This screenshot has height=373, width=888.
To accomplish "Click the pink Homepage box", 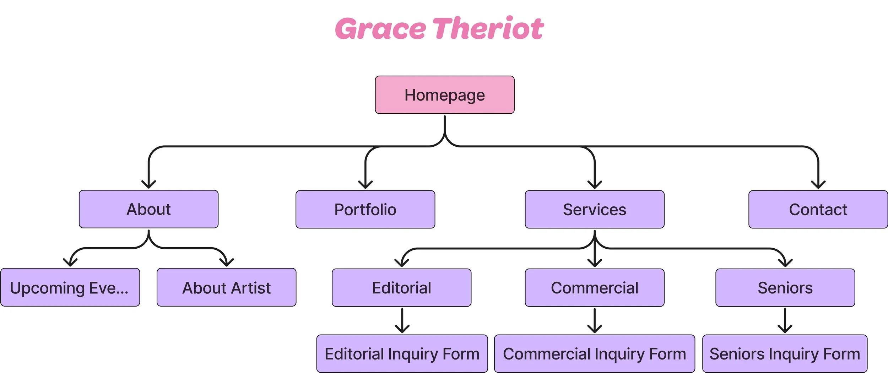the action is pos(445,95).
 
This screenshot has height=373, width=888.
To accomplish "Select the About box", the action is pos(148,209).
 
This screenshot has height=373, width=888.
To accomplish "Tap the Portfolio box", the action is pos(365,210).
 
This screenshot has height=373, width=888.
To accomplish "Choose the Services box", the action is pos(595,210).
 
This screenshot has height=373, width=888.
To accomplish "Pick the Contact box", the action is pos(818,210).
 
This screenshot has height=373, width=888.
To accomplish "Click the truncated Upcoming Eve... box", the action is pos(70,287).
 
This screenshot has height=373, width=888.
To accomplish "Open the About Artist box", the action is pos(226,287).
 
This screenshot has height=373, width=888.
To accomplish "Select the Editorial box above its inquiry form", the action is pos(401,288).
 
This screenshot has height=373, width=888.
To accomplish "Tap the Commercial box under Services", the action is pos(595,288).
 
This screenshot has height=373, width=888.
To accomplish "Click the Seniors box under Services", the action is pos(785,288).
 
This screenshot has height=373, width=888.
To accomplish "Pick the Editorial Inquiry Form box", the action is pos(402,354).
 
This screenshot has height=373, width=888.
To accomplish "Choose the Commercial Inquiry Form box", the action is pos(595,354).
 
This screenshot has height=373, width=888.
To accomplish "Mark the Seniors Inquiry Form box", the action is pos(785,354).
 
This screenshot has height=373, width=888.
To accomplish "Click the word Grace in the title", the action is pos(380,28).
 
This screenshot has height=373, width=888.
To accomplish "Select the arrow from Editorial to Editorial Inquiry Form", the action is pos(402,320).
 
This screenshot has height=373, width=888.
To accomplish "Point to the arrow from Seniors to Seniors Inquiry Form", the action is pos(785,320).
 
